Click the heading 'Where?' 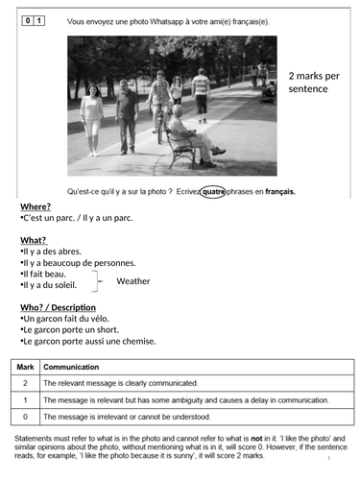(36, 206)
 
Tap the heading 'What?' (34, 240)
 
